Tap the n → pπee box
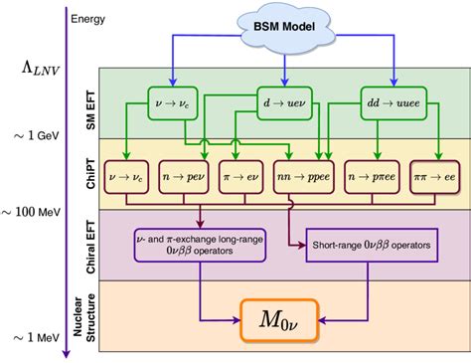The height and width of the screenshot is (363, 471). [x=386, y=177]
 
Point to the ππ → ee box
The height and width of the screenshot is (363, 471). [x=442, y=177]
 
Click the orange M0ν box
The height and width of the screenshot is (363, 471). [x=282, y=320]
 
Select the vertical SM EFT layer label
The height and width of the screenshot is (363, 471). [x=83, y=103]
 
